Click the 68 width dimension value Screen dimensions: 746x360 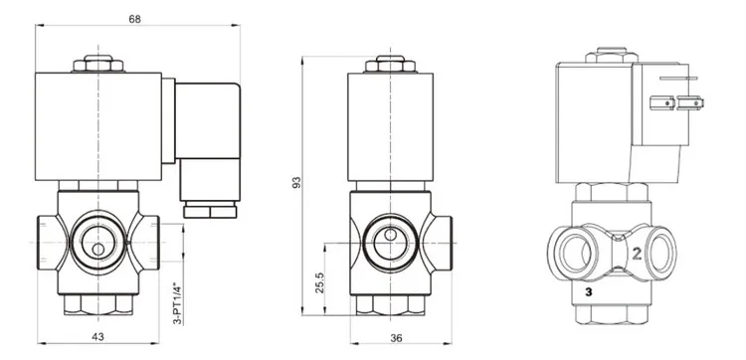[135, 19]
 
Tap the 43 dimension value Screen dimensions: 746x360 [98, 337]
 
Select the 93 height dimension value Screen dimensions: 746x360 [296, 183]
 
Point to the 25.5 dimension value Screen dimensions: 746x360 [319, 282]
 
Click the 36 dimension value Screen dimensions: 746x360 [396, 338]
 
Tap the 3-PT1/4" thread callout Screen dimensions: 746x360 [177, 304]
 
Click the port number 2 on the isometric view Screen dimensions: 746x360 [637, 254]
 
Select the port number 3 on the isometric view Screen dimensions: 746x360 [589, 292]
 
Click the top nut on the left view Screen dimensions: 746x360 [98, 64]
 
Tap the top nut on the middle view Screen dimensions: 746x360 [390, 64]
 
